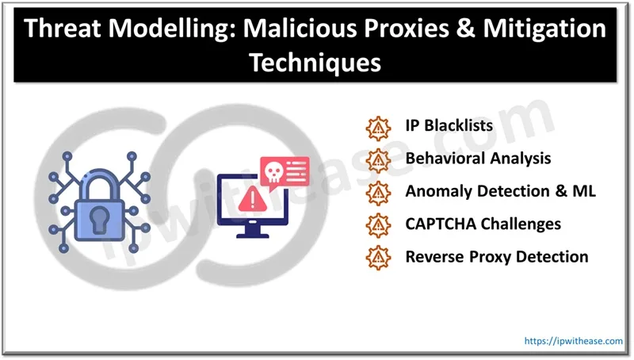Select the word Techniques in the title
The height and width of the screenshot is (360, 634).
pos(315,63)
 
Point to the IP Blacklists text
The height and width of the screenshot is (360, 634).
pos(449,126)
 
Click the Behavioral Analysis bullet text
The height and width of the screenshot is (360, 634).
pos(478,159)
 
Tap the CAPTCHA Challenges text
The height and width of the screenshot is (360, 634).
pos(483,224)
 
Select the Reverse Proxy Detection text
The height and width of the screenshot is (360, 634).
pos(496,256)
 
